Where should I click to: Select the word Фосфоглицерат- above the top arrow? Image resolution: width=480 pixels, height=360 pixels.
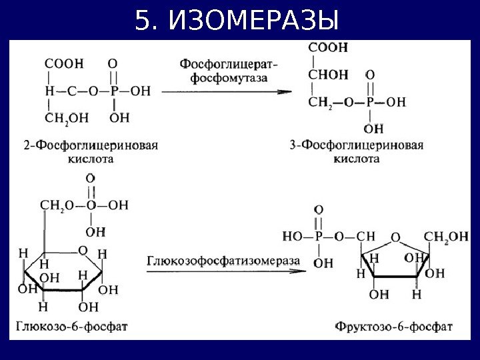click(229, 64)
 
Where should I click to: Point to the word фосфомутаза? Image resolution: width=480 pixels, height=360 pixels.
click(229, 77)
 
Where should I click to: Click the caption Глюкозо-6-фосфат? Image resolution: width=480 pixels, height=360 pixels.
click(69, 326)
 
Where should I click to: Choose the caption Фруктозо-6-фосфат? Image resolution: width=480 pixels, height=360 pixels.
click(394, 327)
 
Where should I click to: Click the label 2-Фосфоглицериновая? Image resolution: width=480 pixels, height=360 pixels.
click(90, 146)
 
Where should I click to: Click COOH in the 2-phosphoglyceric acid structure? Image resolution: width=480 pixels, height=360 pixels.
click(64, 64)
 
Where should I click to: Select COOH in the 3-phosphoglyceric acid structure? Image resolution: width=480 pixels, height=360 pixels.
click(328, 47)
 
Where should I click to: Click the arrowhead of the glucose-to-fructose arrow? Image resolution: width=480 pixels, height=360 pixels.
click(307, 269)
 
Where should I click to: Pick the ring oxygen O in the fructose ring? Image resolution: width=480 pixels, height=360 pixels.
click(395, 237)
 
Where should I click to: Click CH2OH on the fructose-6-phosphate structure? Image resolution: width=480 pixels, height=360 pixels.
click(446, 236)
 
